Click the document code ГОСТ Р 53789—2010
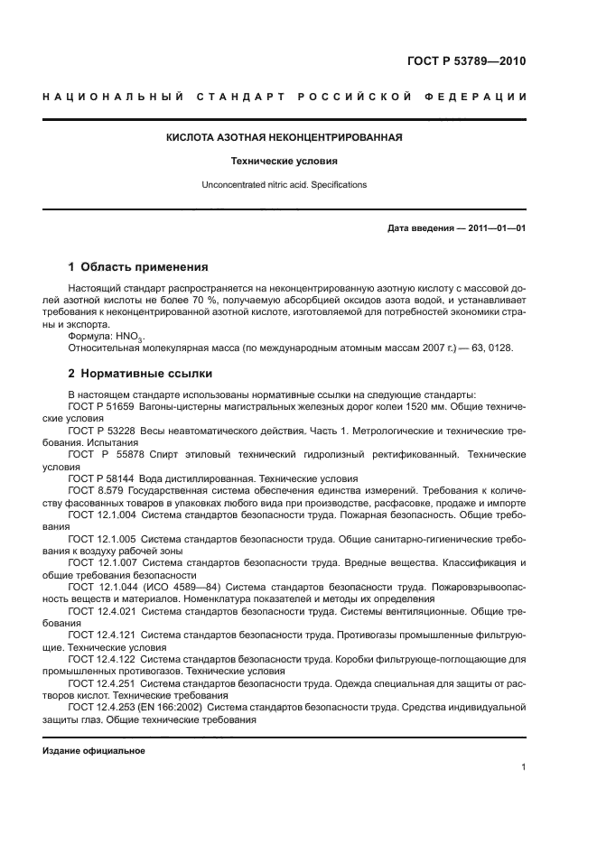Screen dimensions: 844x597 point(467,61)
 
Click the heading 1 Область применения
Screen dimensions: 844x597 point(138,267)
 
